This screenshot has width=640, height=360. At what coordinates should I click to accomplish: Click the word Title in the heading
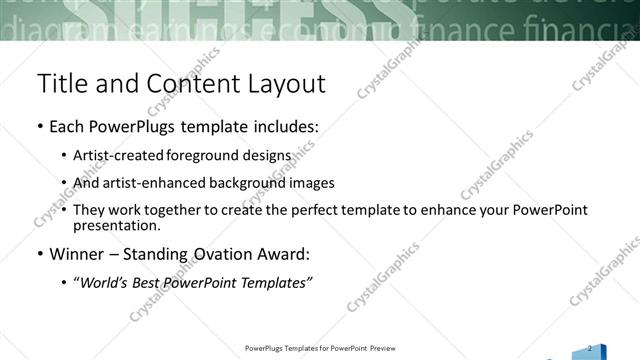60,83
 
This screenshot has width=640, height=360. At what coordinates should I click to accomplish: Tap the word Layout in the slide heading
283,83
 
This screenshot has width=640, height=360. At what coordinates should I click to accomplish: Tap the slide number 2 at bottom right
590,347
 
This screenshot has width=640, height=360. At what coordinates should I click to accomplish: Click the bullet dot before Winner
39,254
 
